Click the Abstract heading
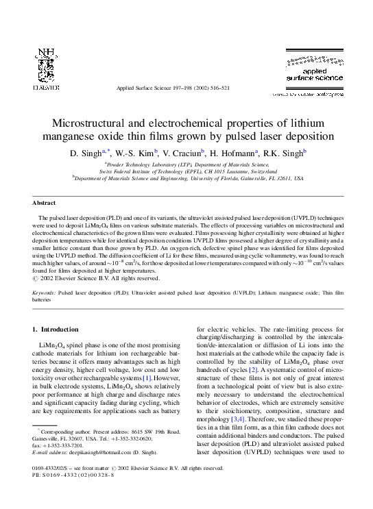[x=45, y=203]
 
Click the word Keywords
[x=45, y=292]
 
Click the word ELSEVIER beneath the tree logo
[x=45, y=87]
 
